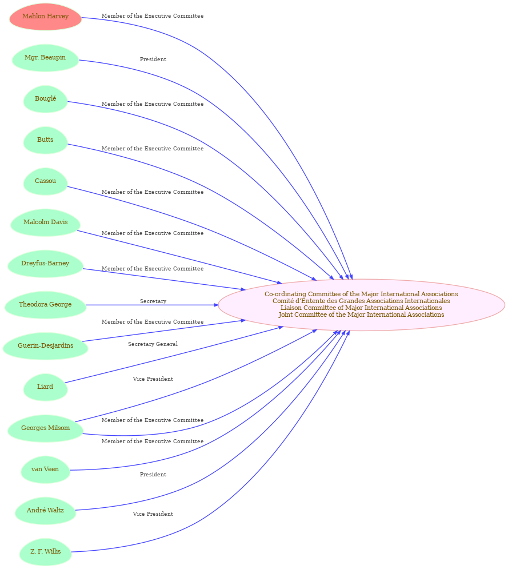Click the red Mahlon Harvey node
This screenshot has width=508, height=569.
pyautogui.click(x=45, y=17)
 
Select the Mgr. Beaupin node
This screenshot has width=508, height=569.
pyautogui.click(x=45, y=58)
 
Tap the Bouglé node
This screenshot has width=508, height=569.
pyautogui.click(x=45, y=99)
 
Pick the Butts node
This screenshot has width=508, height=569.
pyautogui.click(x=45, y=140)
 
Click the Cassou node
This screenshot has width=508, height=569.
pyautogui.click(x=45, y=181)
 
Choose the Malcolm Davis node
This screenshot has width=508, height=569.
pyautogui.click(x=45, y=222)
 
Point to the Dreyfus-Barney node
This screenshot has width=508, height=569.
pyautogui.click(x=45, y=264)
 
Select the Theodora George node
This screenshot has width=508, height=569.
pyautogui.click(x=45, y=305)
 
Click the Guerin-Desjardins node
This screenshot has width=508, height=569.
pyautogui.click(x=45, y=346)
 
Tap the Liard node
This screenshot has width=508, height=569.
pyautogui.click(x=45, y=387)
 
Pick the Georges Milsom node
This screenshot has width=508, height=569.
pyautogui.click(x=45, y=428)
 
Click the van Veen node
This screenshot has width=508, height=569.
pyautogui.click(x=45, y=469)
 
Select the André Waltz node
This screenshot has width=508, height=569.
pyautogui.click(x=45, y=511)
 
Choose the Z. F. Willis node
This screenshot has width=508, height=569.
pyautogui.click(x=45, y=552)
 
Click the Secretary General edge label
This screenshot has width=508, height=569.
pyautogui.click(x=153, y=344)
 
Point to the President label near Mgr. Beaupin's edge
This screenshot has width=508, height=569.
pyautogui.click(x=153, y=59)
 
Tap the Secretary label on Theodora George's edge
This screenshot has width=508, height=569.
pyautogui.click(x=153, y=301)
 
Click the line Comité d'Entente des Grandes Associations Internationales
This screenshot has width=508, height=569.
pyautogui.click(x=361, y=301)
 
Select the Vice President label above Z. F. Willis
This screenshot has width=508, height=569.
pyautogui.click(x=153, y=514)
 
